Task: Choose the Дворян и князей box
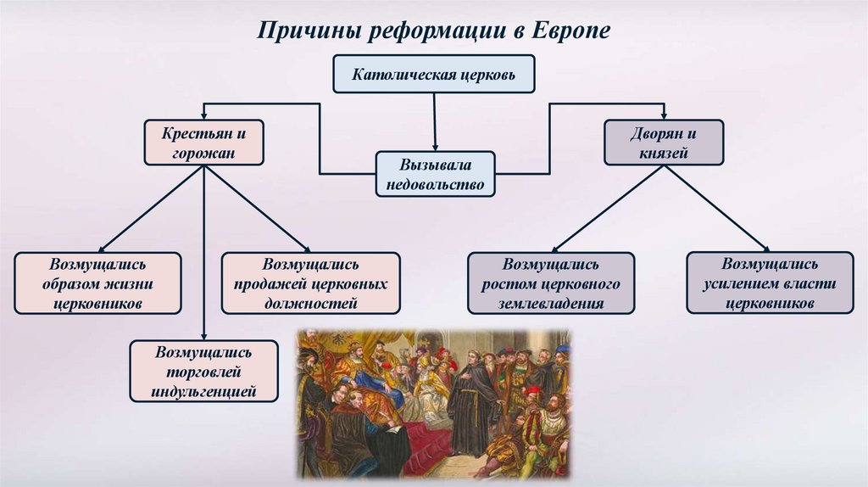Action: [x=664, y=142]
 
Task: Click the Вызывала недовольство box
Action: [x=435, y=174]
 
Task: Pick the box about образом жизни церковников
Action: [x=97, y=283]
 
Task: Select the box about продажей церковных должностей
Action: [x=310, y=283]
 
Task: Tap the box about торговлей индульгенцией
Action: [x=203, y=371]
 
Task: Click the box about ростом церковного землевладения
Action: [x=551, y=283]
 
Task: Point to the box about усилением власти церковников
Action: [x=770, y=283]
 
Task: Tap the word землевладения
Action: [x=551, y=304]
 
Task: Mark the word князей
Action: [x=665, y=154]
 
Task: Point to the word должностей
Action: [x=310, y=303]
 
